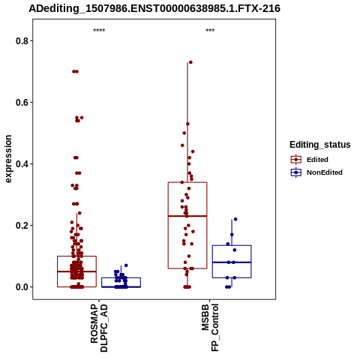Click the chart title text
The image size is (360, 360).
click(154, 9)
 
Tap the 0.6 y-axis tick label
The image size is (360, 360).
click(22, 102)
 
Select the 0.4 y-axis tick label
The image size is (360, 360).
click(22, 164)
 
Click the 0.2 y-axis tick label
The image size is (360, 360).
click(22, 226)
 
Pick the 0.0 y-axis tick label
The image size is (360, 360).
click(22, 287)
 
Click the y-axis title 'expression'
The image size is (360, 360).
click(8, 159)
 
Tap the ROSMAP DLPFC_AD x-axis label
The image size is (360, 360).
click(99, 328)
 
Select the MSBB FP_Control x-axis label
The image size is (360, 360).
click(210, 328)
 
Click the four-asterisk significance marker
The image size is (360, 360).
click(99, 31)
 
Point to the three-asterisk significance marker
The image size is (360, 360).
click(210, 31)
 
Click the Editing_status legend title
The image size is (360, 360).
click(320, 145)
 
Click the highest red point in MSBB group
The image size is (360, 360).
click(190, 62)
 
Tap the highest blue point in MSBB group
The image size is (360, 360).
click(235, 219)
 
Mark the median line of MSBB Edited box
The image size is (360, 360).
click(187, 216)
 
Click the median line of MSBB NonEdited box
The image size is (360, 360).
click(232, 262)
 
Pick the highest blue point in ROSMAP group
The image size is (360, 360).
click(126, 265)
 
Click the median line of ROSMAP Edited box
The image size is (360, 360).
click(76, 271)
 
